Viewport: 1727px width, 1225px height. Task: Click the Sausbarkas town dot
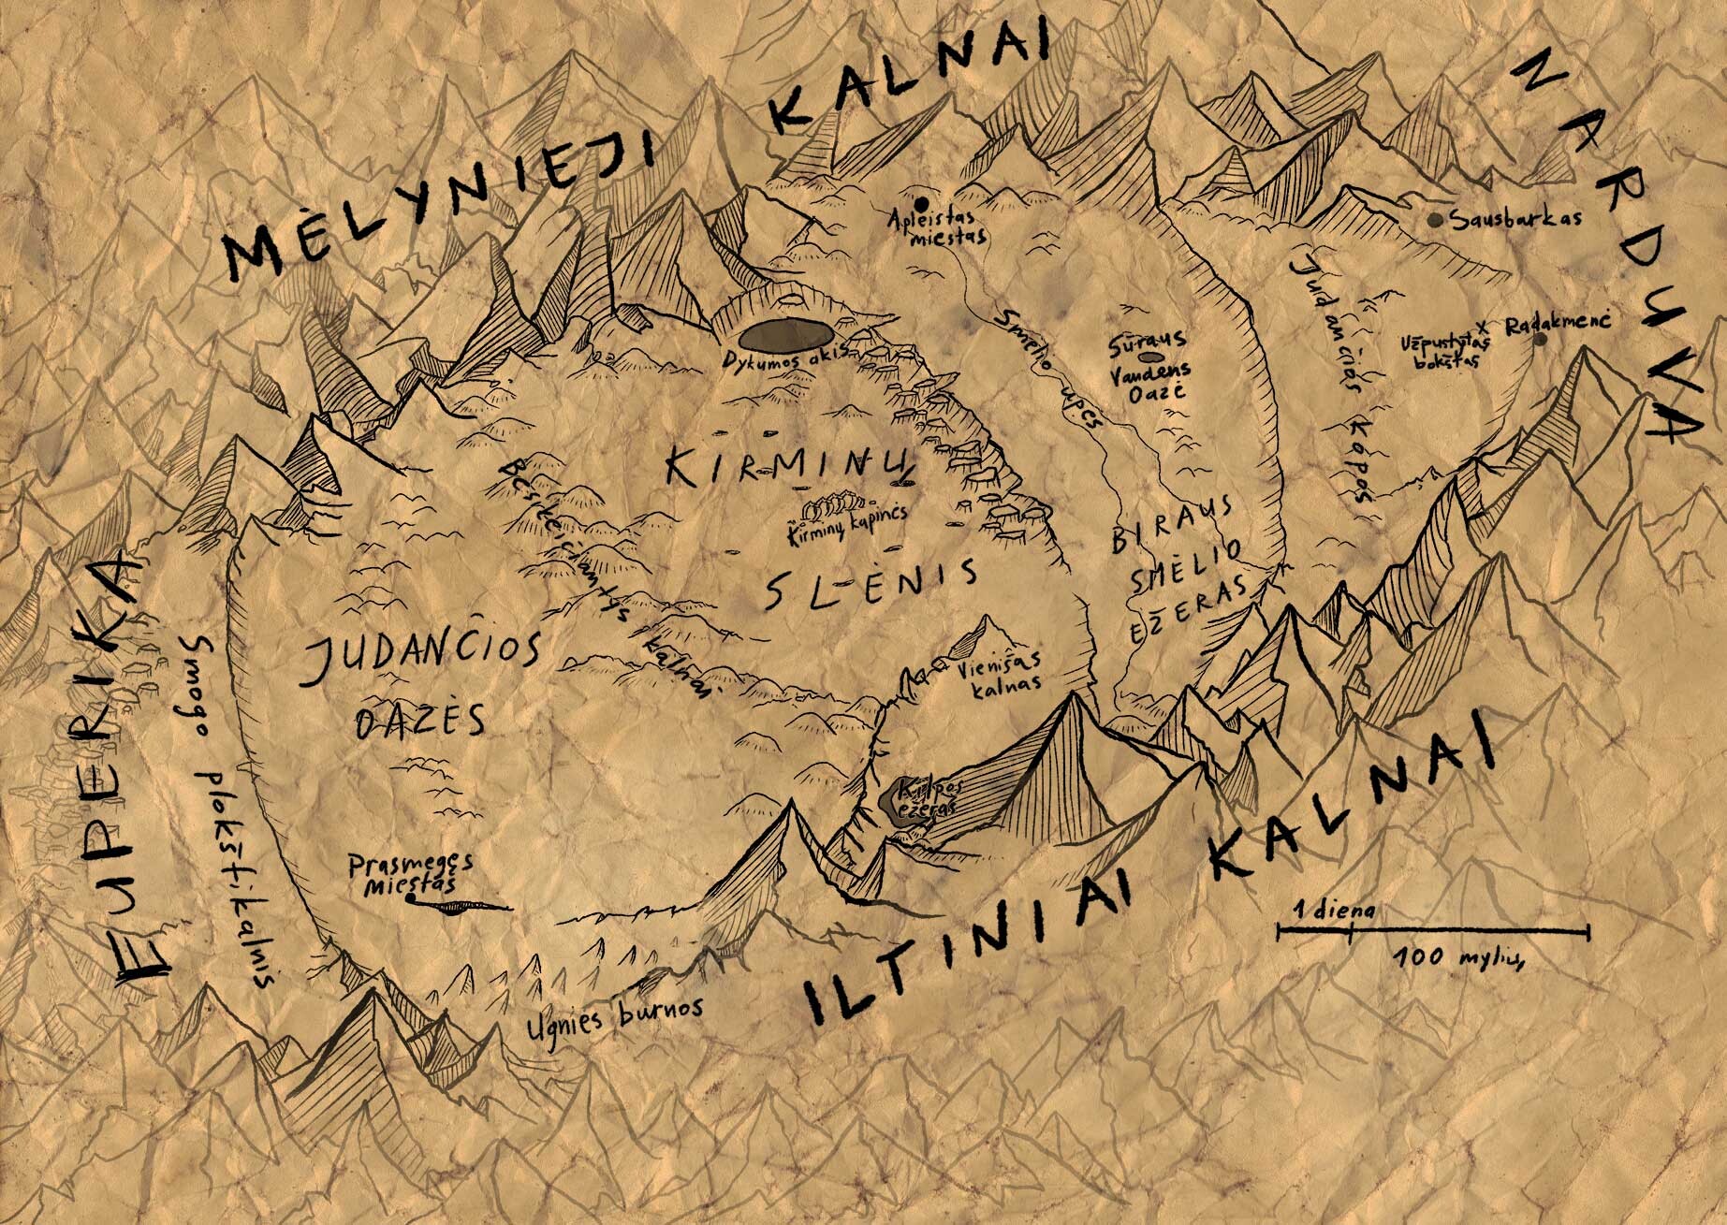[x=1434, y=220]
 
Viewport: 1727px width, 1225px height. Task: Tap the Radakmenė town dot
[x=1540, y=339]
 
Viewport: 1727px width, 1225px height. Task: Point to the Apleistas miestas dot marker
[x=921, y=203]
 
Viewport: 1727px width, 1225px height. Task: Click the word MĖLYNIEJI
[x=435, y=197]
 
